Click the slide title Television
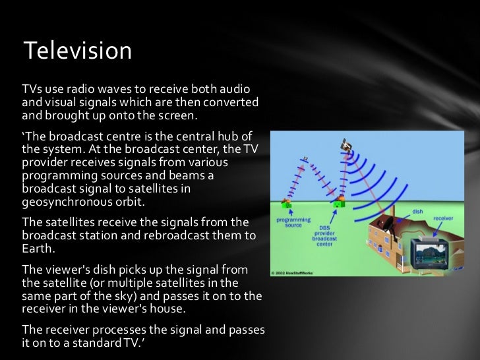click(x=77, y=50)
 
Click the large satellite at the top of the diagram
click(x=345, y=144)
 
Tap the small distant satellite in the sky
click(x=305, y=158)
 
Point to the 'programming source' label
click(x=289, y=222)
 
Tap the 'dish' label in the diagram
click(x=417, y=212)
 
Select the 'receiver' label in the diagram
click(x=443, y=218)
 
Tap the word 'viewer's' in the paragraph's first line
click(x=64, y=269)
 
